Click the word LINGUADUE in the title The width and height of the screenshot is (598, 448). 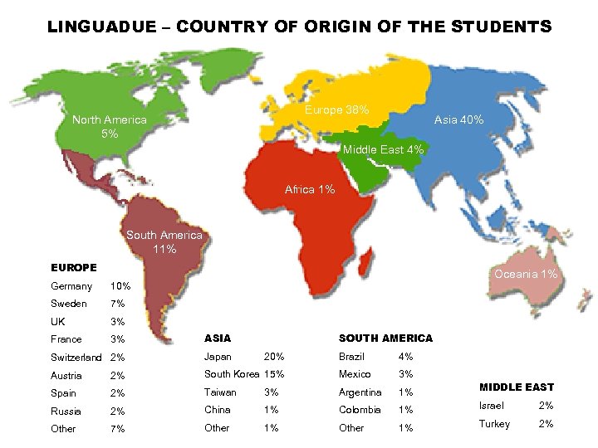coord(100,27)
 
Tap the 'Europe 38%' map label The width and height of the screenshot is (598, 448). coord(337,110)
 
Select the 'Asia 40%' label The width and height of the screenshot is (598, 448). coord(458,120)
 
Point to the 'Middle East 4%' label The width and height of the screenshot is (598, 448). coord(384,149)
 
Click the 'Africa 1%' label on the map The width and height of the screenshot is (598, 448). coord(310,190)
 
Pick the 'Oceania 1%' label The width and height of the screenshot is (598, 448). coord(526,275)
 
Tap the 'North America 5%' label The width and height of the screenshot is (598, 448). coord(110,126)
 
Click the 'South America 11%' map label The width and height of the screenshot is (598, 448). coord(164,242)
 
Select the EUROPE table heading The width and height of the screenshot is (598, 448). coord(74,268)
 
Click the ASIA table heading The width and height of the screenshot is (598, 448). coord(218,338)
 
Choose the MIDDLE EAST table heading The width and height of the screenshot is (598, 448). coord(517,387)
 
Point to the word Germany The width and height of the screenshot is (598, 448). coord(71,286)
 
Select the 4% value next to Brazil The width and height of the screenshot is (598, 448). coord(405,356)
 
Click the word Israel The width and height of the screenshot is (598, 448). coord(492,406)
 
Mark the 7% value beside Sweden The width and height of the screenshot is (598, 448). coord(117,304)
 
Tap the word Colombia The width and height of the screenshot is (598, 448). coord(360,410)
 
